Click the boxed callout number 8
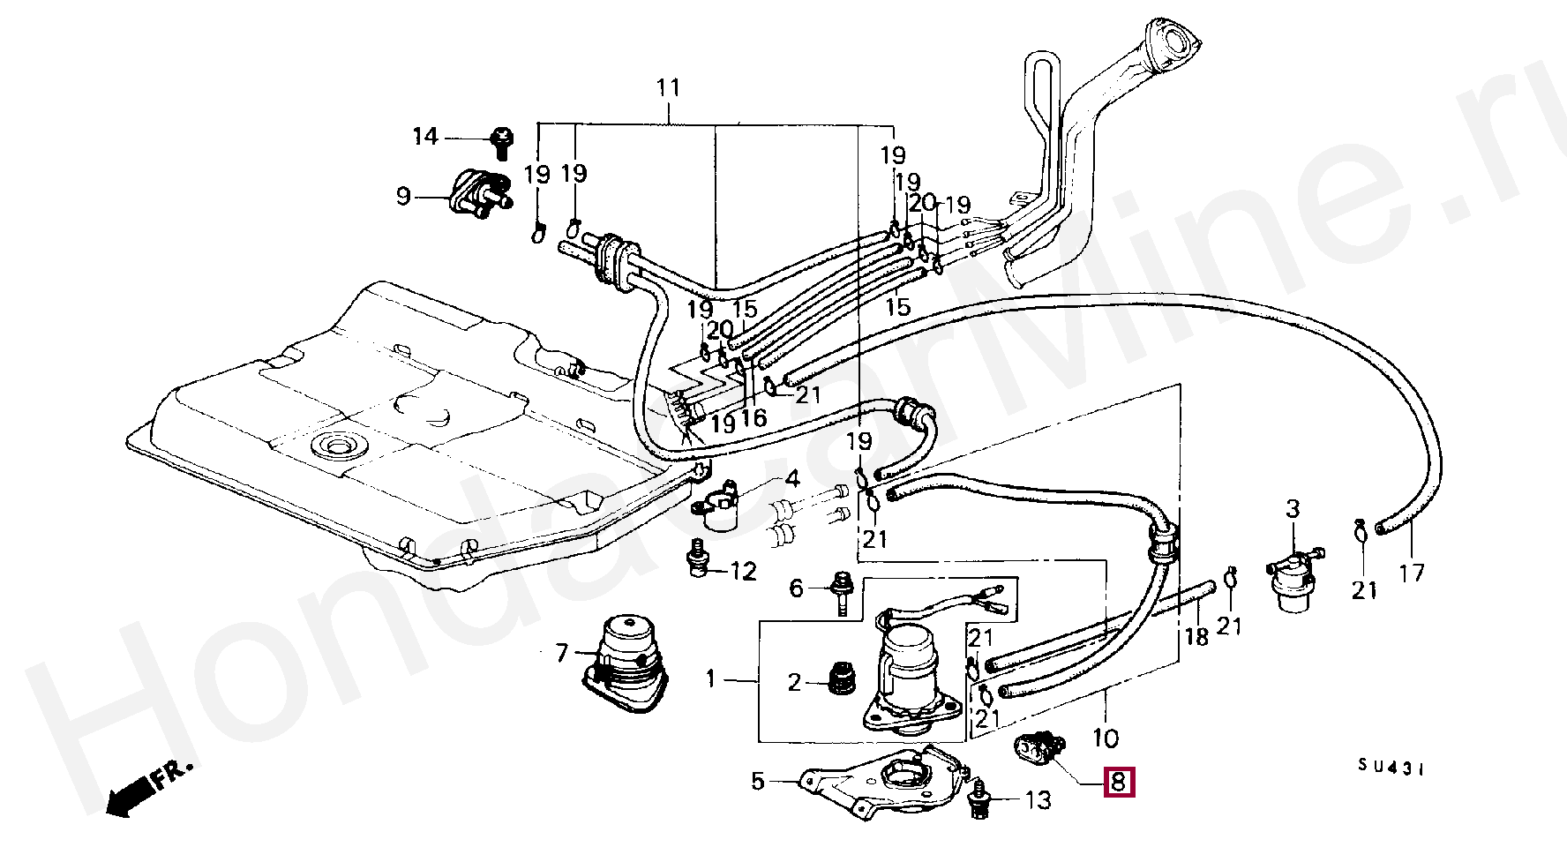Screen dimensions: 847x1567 [x=1118, y=782]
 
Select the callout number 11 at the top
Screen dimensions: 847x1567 [x=669, y=88]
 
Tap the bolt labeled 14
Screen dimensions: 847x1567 [x=502, y=142]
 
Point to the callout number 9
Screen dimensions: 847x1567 [x=403, y=196]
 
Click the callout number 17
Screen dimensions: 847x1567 [x=1412, y=573]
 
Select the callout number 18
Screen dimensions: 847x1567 [x=1196, y=636]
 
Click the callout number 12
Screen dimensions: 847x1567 [x=744, y=572]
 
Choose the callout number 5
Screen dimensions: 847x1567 [x=758, y=782]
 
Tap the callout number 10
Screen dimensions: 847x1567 [x=1105, y=738]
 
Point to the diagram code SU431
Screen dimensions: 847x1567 [x=1391, y=768]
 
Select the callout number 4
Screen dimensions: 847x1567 [x=791, y=479]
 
